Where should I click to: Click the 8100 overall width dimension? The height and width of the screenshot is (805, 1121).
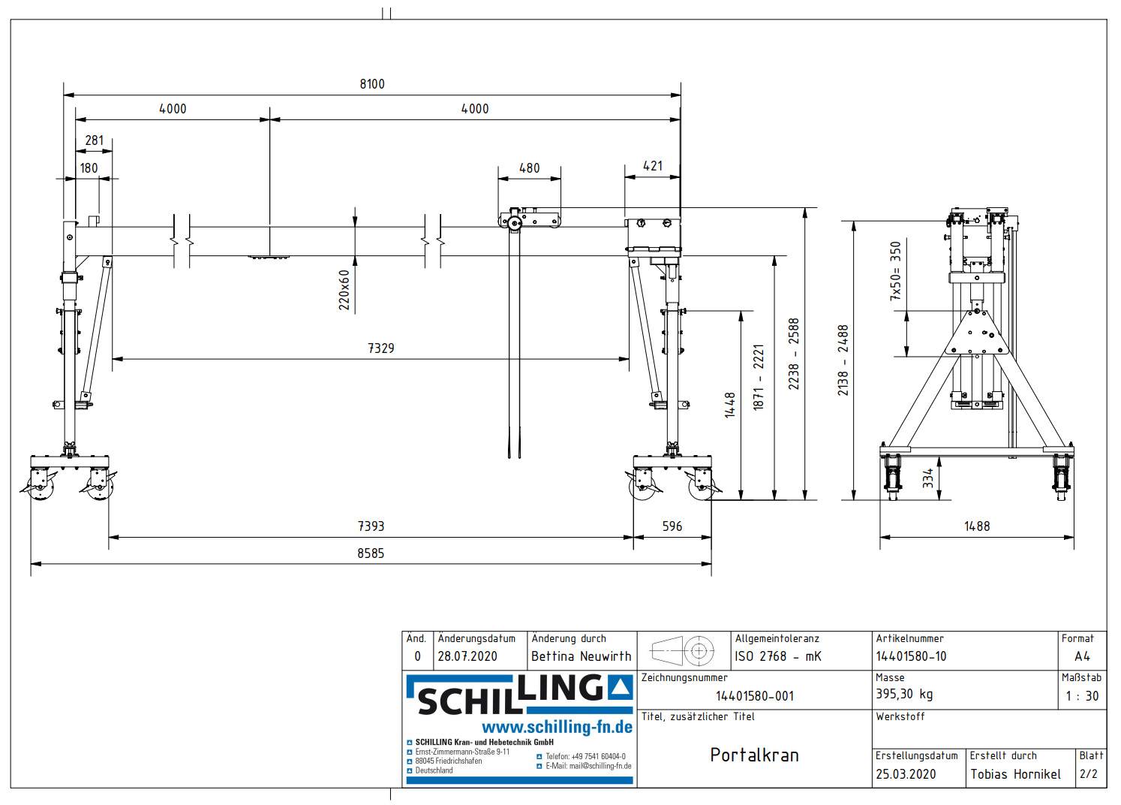pyautogui.click(x=372, y=84)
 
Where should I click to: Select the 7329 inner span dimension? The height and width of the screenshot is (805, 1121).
pyautogui.click(x=380, y=348)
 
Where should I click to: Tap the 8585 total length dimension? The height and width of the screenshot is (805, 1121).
pyautogui.click(x=371, y=553)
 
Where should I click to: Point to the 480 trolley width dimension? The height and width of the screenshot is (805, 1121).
pyautogui.click(x=529, y=168)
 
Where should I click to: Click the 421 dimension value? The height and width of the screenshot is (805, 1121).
pyautogui.click(x=653, y=166)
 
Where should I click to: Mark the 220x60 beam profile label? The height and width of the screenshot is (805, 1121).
pyautogui.click(x=344, y=290)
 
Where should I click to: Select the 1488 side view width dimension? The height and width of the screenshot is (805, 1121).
pyautogui.click(x=976, y=526)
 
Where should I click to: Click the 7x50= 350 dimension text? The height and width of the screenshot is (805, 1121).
pyautogui.click(x=895, y=271)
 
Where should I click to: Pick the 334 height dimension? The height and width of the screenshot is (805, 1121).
pyautogui.click(x=928, y=478)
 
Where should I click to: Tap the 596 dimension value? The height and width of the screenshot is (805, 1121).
pyautogui.click(x=672, y=526)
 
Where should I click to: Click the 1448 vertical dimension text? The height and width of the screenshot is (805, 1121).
pyautogui.click(x=730, y=405)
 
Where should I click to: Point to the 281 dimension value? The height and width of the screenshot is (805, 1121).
pyautogui.click(x=95, y=140)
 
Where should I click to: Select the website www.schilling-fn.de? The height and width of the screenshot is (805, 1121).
pyautogui.click(x=557, y=727)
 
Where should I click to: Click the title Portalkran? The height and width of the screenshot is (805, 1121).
pyautogui.click(x=754, y=755)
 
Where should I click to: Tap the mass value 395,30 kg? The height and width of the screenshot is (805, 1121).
pyautogui.click(x=904, y=695)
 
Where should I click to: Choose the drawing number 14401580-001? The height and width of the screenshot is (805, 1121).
pyautogui.click(x=754, y=696)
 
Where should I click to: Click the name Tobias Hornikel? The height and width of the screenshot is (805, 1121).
pyautogui.click(x=1015, y=774)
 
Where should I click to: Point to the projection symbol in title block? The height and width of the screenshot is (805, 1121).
pyautogui.click(x=683, y=651)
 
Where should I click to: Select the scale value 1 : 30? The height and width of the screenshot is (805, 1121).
pyautogui.click(x=1081, y=696)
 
